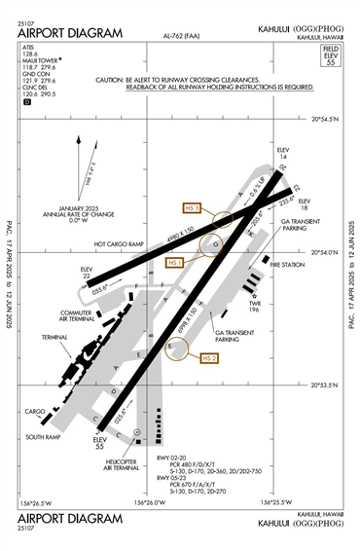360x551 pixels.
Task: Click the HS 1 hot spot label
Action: [176, 263]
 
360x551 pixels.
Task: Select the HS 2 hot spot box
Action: [209, 359]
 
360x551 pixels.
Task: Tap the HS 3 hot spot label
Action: [192, 207]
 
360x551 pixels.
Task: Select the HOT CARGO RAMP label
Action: [118, 244]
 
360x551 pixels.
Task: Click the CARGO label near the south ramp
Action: [36, 411]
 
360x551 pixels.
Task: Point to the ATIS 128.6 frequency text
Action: [32, 54]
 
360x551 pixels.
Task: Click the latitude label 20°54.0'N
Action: [325, 252]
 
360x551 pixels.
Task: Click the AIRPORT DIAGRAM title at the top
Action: [70, 33]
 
